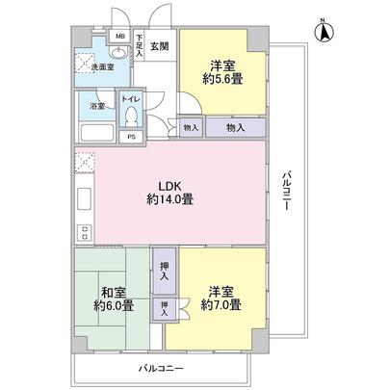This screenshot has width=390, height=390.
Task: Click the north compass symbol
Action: click(x=325, y=33)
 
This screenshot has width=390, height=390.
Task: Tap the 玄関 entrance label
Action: click(x=159, y=45)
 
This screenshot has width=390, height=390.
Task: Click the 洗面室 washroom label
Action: click(x=102, y=68)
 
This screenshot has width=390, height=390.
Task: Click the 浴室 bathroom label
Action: click(x=97, y=106)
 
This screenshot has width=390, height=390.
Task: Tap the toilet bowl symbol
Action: click(x=131, y=117)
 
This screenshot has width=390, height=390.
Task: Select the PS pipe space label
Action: click(x=131, y=137)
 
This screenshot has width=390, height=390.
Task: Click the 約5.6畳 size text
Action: click(x=221, y=80)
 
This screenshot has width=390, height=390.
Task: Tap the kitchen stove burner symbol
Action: click(x=84, y=232)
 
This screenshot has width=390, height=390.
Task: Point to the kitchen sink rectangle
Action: click(x=84, y=203)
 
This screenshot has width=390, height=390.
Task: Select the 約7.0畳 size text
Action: click(x=221, y=304)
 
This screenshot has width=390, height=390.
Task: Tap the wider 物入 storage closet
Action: click(x=235, y=126)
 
